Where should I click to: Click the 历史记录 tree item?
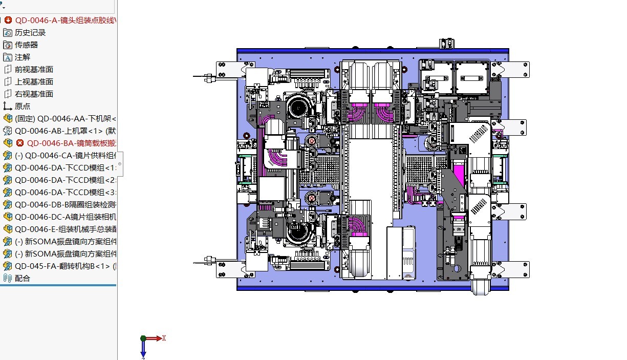pos(30,33)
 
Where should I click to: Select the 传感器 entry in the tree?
pos(26,45)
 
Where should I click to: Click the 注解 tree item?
pos(22,57)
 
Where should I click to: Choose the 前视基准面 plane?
pos(34,70)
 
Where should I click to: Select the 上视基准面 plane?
pos(34,82)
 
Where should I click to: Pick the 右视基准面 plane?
pos(34,94)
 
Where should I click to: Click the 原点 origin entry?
pos(22,107)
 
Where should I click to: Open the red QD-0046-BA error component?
pos(72,143)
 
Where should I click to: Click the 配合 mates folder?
pos(22,279)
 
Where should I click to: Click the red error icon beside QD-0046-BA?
pos(20,143)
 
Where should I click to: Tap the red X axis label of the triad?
pos(164,338)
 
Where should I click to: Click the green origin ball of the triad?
pos(143,338)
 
